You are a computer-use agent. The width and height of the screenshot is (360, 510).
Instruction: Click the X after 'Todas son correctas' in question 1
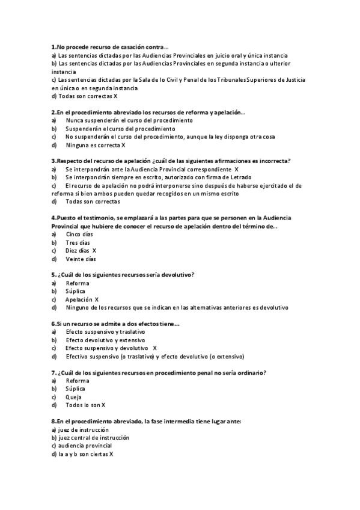coord(115,96)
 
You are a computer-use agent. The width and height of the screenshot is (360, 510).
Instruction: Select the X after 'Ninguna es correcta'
coord(123,145)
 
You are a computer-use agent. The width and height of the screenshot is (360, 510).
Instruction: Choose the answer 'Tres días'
coord(78,242)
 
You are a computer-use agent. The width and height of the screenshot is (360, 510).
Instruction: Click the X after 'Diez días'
coord(94,251)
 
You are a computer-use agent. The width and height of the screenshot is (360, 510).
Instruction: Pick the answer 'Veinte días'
coord(81,259)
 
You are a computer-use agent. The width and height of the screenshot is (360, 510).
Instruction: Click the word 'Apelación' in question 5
coord(78,300)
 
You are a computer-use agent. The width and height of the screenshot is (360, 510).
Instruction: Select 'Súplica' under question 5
coord(75,291)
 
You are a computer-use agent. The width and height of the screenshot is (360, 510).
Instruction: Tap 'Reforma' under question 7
coord(78,381)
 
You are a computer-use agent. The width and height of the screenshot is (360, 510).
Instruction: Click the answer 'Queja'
coord(73,397)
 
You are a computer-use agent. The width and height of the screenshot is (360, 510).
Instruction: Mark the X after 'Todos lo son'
coord(103,405)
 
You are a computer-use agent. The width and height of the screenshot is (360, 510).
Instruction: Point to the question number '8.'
coord(54,422)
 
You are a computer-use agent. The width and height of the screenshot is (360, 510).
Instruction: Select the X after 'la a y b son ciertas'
coord(111,454)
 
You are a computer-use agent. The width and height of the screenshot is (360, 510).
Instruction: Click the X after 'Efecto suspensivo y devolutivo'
coord(154,348)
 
